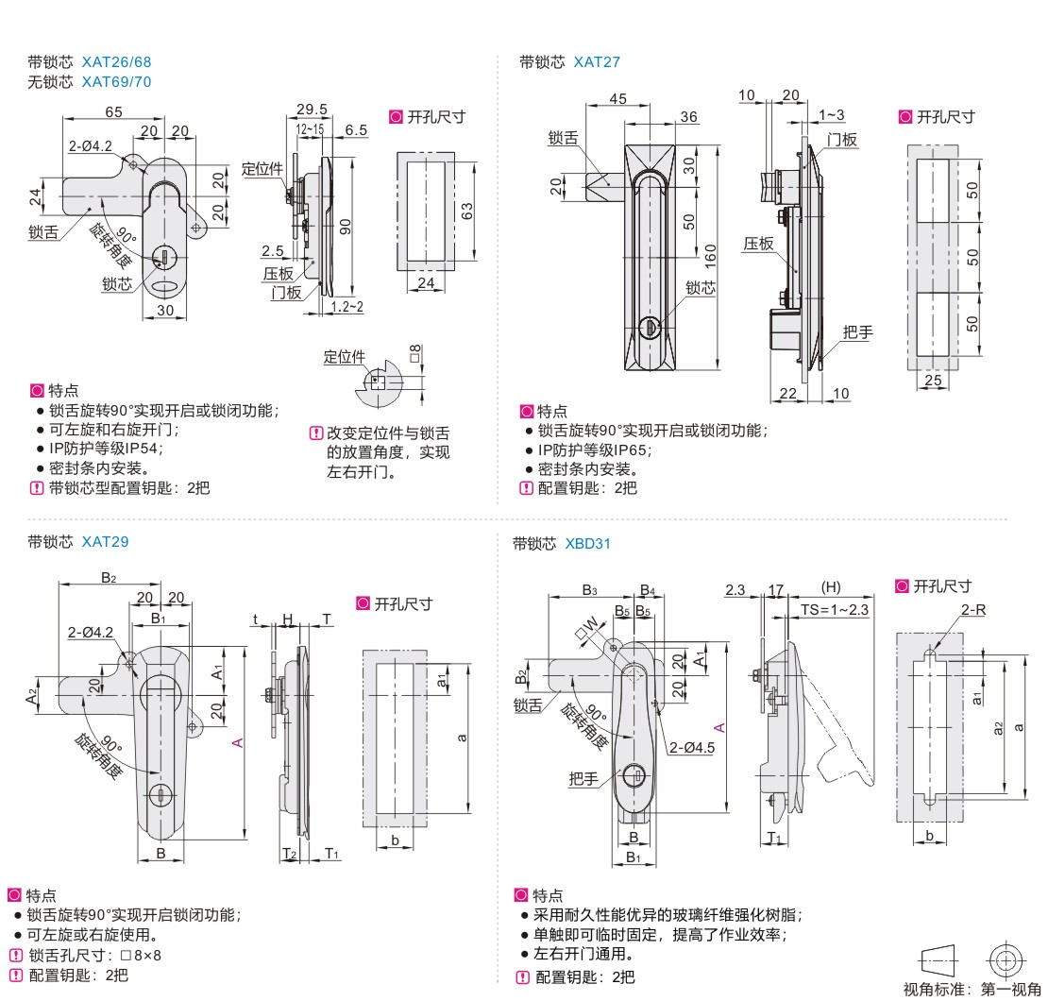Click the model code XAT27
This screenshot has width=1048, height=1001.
(x=597, y=62)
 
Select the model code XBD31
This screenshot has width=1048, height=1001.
(x=589, y=544)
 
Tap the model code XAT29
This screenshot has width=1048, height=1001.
(x=105, y=542)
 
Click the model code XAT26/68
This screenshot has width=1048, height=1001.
(x=116, y=62)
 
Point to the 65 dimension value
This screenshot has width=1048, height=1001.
(x=113, y=111)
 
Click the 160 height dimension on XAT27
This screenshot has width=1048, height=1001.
(x=711, y=254)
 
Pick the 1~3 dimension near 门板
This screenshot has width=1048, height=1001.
(x=832, y=115)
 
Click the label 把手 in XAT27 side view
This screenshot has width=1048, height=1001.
(x=858, y=332)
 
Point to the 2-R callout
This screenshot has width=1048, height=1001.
(x=974, y=610)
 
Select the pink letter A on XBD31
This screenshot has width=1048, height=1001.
(x=718, y=727)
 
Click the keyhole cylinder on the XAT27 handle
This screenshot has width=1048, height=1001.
(x=650, y=328)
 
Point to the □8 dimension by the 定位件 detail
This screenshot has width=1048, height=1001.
(x=415, y=354)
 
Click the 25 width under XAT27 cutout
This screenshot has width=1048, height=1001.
(x=934, y=380)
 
